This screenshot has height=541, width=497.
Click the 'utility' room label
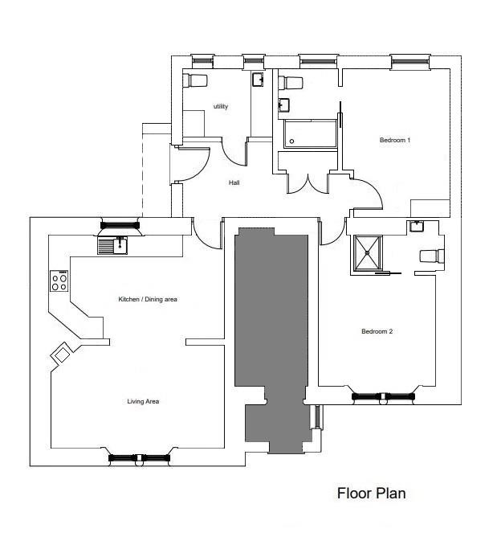pyautogui.click(x=221, y=106)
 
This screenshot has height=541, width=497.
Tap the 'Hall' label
pyautogui.click(x=234, y=182)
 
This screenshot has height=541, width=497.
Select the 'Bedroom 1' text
pyautogui.click(x=395, y=140)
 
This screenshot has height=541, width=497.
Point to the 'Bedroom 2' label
pyautogui.click(x=377, y=331)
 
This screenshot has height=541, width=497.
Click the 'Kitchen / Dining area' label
pyautogui.click(x=148, y=299)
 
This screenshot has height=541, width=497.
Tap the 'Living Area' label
pyautogui.click(x=143, y=401)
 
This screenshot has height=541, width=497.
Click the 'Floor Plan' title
pyautogui.click(x=371, y=494)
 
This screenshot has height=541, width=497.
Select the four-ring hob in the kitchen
pyautogui.click(x=59, y=281)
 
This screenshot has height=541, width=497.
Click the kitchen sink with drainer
pyautogui.click(x=112, y=245)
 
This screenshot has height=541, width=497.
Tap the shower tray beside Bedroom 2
pyautogui.click(x=368, y=253)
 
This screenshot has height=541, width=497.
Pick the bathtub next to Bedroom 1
pyautogui.click(x=310, y=134)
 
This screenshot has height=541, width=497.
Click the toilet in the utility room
pyautogui.click(x=195, y=80)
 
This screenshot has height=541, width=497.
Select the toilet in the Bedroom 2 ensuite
pyautogui.click(x=432, y=256)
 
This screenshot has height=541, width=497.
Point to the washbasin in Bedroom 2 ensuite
pyautogui.click(x=417, y=227)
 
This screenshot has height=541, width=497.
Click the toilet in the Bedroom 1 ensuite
pyautogui.click(x=291, y=83)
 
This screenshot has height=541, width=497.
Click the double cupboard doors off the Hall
pyautogui.click(x=308, y=183)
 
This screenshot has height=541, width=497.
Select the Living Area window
pyautogui.click(x=139, y=458)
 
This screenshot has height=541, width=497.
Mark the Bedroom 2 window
pyautogui.click(x=383, y=397)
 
